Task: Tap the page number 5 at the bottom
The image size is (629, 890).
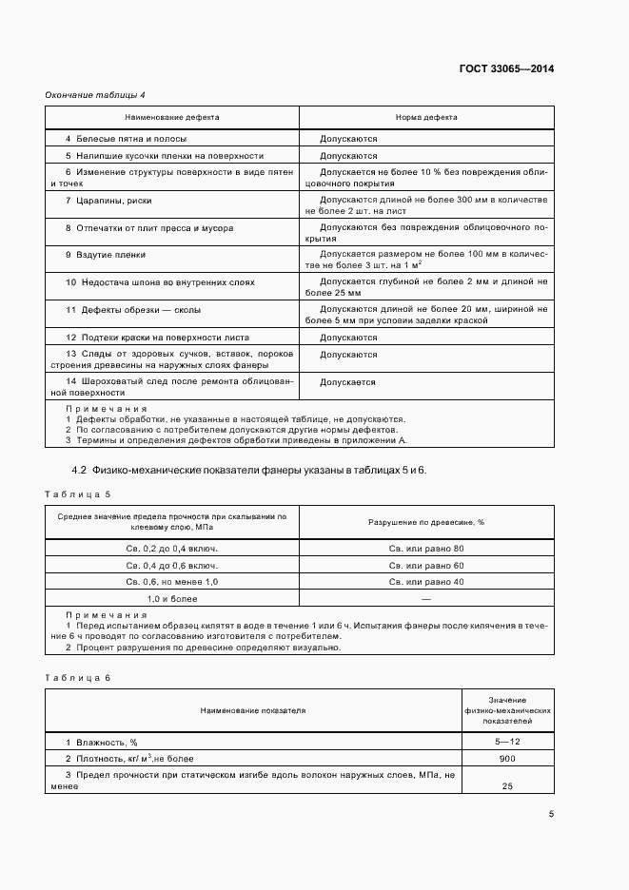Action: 551,813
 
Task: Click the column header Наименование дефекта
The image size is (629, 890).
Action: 172,117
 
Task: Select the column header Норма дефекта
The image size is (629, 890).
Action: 426,117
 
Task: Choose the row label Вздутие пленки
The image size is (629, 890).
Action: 106,255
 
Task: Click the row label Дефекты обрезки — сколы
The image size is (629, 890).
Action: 133,310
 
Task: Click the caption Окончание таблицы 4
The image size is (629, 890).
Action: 94,94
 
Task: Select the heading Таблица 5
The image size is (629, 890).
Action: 78,494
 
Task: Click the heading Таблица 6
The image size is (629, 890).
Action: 78,676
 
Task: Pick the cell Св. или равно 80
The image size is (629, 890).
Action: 426,549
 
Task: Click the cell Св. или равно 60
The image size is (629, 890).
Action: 426,565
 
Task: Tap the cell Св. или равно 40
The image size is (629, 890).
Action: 426,581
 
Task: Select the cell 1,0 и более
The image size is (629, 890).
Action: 172,599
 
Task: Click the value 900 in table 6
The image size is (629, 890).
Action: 507,758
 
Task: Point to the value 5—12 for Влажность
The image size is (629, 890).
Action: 507,741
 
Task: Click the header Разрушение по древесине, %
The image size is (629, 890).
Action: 426,522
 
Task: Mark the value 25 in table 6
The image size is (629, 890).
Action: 507,786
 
